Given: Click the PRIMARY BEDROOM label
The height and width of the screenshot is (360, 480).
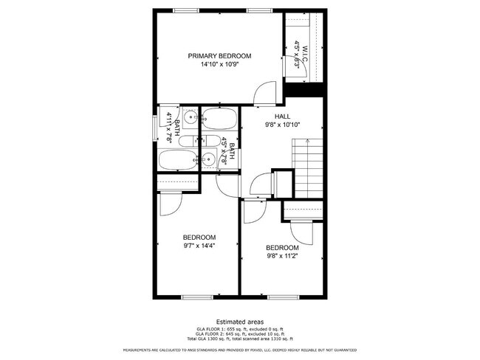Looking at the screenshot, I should (219, 56).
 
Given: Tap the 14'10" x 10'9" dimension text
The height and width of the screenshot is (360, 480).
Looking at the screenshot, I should (219, 65).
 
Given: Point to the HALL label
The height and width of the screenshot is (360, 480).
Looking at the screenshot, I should (283, 117).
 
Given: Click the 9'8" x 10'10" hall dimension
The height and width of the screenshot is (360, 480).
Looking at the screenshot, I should (283, 125).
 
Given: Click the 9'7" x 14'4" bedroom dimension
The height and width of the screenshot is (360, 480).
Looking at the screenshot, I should (199, 246).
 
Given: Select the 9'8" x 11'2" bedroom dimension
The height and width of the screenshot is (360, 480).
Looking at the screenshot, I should (282, 256).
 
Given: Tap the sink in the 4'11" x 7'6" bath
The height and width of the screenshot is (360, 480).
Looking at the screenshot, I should (191, 116).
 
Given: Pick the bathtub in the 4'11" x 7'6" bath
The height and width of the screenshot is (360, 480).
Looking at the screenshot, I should (177, 160).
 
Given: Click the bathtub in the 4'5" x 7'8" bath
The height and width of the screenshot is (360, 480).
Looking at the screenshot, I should (219, 117).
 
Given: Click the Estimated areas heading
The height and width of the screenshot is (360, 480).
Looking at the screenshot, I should (240, 321).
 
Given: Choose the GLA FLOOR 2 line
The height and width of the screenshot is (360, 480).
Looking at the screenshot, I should (240, 333).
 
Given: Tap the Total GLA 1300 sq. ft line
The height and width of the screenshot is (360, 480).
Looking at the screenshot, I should (240, 339).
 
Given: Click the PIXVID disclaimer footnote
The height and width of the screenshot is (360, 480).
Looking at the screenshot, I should (240, 350).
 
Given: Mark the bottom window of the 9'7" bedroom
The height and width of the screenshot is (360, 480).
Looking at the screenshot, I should (196, 297).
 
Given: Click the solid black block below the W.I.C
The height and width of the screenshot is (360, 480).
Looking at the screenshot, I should (305, 89).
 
